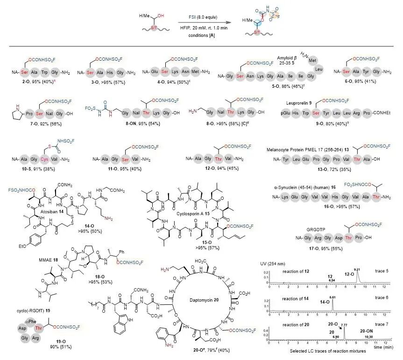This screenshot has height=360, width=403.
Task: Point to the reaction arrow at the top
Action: click(x=202, y=21)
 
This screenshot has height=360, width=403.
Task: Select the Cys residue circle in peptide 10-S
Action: click(x=46, y=160)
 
